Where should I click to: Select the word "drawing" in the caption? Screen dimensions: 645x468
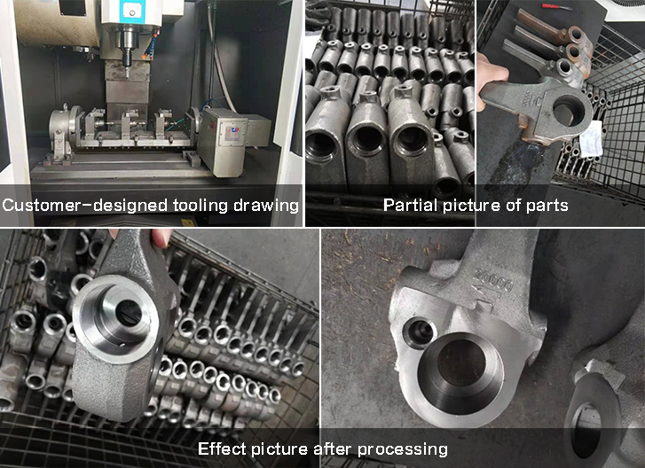pyautogui.click(x=266, y=206)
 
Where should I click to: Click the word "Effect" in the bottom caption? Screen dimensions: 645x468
pyautogui.click(x=222, y=448)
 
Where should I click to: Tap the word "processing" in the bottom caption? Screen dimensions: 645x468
pyautogui.click(x=402, y=449)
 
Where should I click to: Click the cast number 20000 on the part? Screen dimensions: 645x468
pyautogui.click(x=493, y=281)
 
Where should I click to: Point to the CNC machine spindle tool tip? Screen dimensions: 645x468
pyautogui.click(x=127, y=74)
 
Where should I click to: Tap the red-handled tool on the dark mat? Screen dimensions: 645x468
pyautogui.click(x=556, y=7)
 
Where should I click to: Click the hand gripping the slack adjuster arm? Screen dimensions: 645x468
pyautogui.click(x=492, y=78)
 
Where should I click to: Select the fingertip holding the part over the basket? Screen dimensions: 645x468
pyautogui.click(x=161, y=238)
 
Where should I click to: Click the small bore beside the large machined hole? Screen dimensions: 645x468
pyautogui.click(x=420, y=332)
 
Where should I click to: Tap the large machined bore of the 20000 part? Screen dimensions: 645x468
pyautogui.click(x=461, y=373)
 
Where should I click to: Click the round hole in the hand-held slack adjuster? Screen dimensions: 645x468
pyautogui.click(x=569, y=109)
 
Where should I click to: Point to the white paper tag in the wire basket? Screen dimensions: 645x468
pyautogui.click(x=591, y=139)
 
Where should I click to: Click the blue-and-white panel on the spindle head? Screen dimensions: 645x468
pyautogui.click(x=130, y=11)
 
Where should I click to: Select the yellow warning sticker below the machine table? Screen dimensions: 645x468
pyautogui.click(x=187, y=222)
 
